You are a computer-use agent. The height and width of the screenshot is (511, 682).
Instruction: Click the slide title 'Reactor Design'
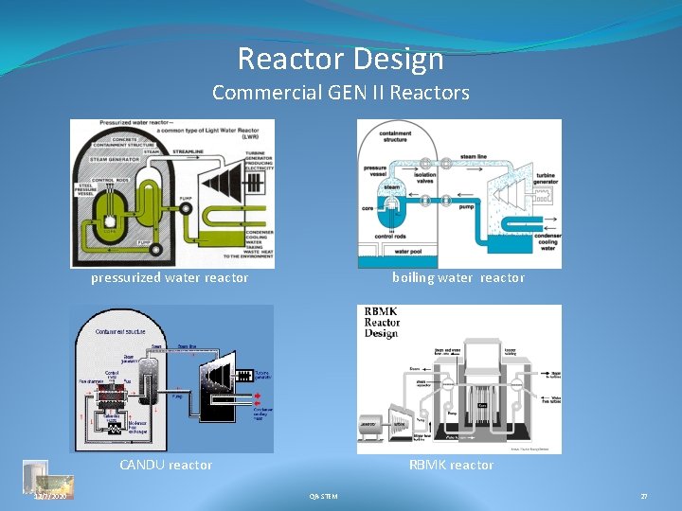(340, 59)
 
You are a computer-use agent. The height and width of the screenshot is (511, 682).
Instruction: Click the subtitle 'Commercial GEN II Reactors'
(340, 93)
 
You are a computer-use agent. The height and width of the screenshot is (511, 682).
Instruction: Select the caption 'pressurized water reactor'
(170, 277)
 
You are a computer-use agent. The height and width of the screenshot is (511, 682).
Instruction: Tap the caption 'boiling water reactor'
(458, 277)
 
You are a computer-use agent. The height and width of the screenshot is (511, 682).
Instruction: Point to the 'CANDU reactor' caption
(166, 465)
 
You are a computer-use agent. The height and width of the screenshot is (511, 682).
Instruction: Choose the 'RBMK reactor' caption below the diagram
(452, 465)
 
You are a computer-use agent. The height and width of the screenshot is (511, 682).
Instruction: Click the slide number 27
(644, 496)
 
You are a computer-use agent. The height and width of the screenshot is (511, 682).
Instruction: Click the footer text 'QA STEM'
(323, 496)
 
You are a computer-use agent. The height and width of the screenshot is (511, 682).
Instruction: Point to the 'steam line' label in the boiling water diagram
(475, 155)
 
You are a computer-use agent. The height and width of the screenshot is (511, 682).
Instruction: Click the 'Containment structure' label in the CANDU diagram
(119, 331)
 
